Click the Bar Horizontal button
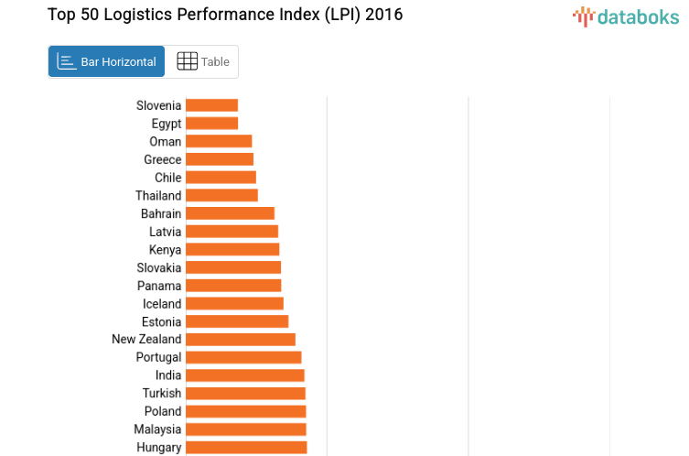click(x=106, y=61)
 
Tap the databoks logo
click(x=626, y=16)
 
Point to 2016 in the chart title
click(x=383, y=15)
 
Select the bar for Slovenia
click(x=211, y=105)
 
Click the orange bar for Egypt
click(x=211, y=124)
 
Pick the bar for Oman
click(x=219, y=141)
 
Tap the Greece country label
click(x=163, y=159)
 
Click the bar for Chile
click(x=221, y=178)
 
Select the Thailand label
click(x=158, y=195)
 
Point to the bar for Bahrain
click(x=230, y=213)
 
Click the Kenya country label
click(x=165, y=249)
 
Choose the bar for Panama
click(x=233, y=286)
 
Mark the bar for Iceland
click(x=234, y=303)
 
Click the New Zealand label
click(x=146, y=339)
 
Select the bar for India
click(x=244, y=375)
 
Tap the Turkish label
click(x=161, y=393)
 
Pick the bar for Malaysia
click(x=245, y=429)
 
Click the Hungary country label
click(x=159, y=447)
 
